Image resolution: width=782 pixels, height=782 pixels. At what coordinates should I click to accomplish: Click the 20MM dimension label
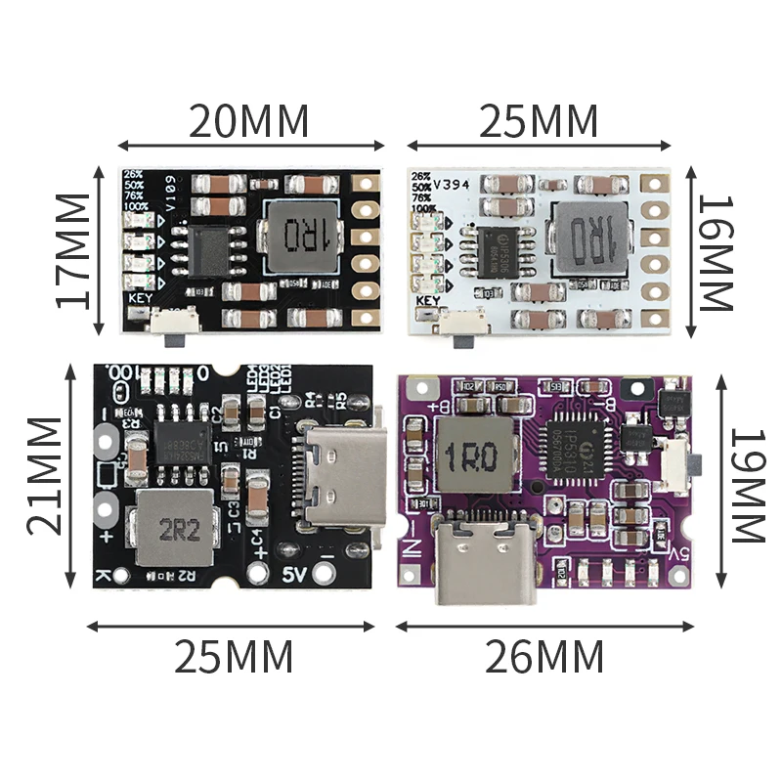[248, 121]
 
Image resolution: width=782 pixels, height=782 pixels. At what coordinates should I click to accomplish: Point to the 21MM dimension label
[45, 475]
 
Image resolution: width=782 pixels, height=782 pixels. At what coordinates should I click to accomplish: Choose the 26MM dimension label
[543, 656]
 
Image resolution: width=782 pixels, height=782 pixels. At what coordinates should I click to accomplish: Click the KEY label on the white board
[428, 301]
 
